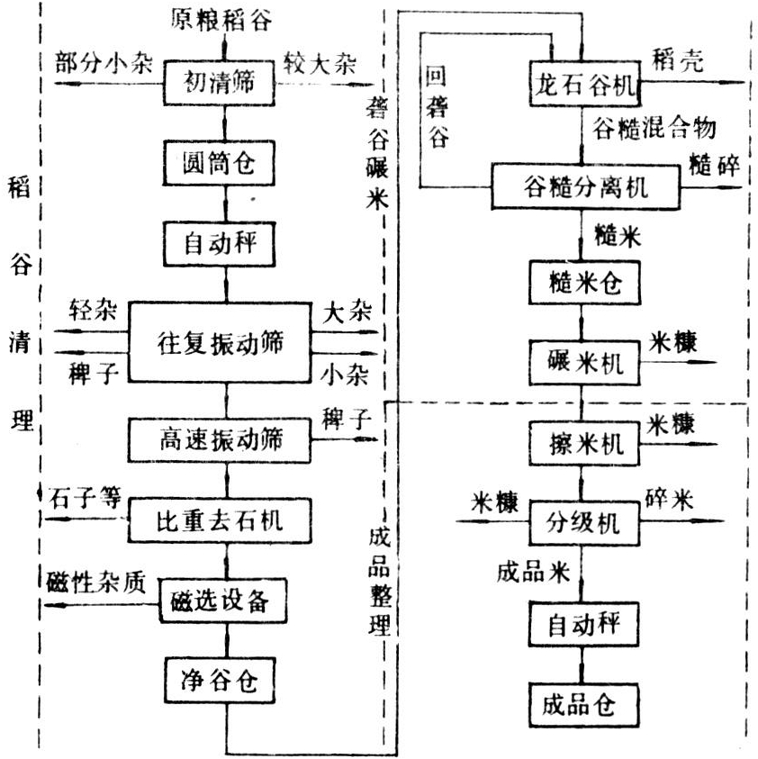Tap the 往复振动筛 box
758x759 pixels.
pyautogui.click(x=221, y=343)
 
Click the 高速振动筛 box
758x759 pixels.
pyautogui.click(x=221, y=438)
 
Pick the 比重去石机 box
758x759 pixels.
pyautogui.click(x=221, y=520)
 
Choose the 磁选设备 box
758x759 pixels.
pyautogui.click(x=221, y=600)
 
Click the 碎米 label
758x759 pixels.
pyautogui.click(x=670, y=500)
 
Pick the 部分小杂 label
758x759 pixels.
pyautogui.click(x=103, y=64)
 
